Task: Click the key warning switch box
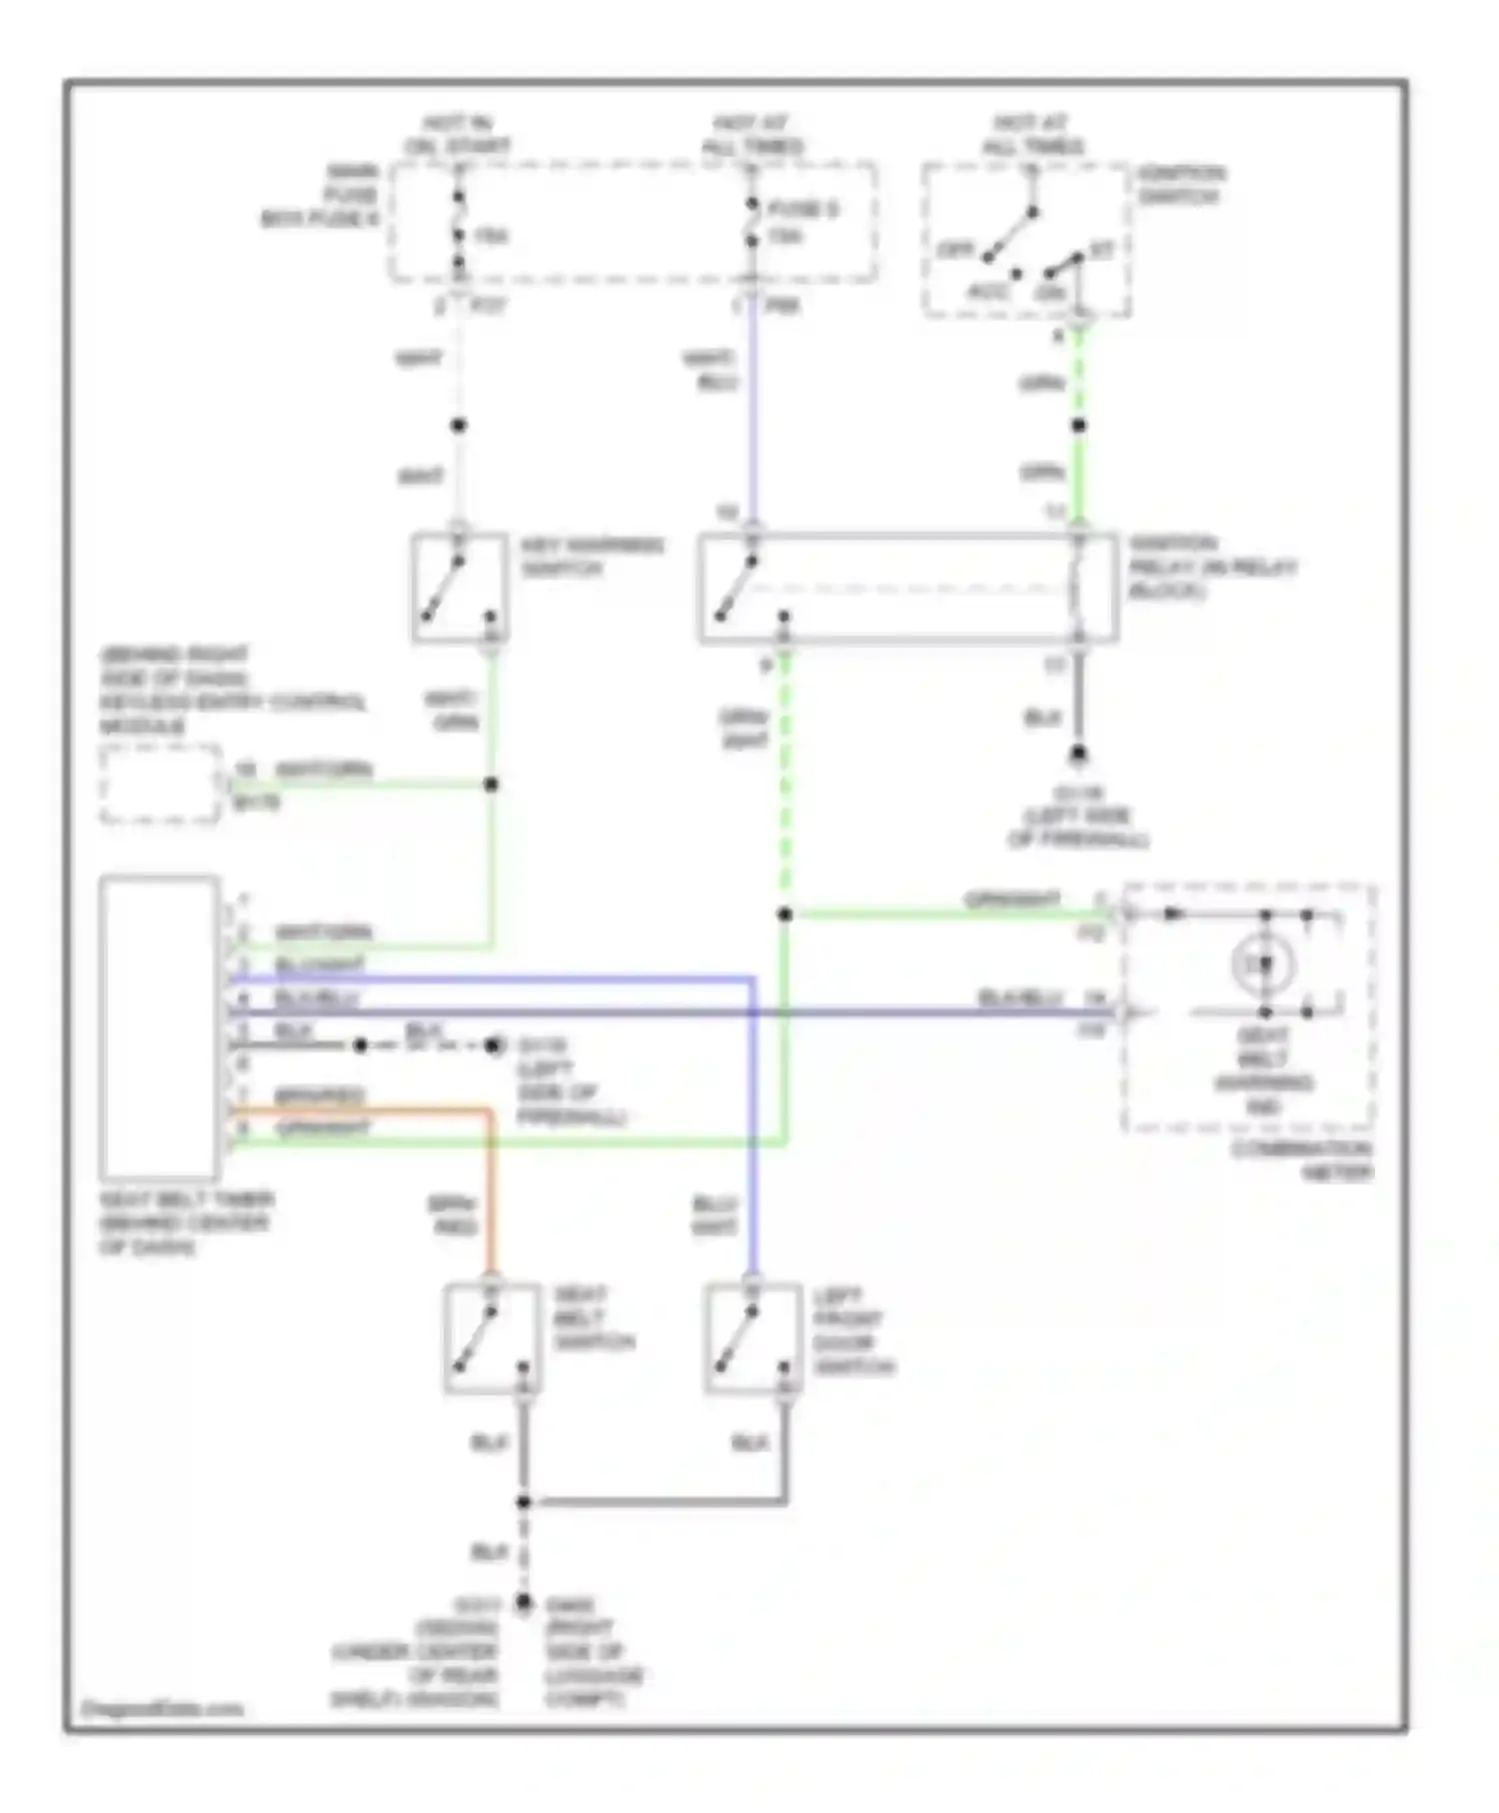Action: tap(459, 588)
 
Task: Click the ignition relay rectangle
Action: tap(907, 588)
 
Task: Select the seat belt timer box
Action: tap(160, 1027)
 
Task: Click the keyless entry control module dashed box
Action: tap(160, 785)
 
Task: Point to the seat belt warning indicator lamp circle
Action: tap(1264, 964)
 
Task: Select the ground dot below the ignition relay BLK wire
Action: tap(1078, 755)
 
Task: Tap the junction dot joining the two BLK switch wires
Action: tap(523, 1502)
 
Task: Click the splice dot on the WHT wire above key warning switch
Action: tap(458, 426)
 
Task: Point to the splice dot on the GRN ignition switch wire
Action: tap(1078, 426)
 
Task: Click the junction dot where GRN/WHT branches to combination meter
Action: tap(784, 913)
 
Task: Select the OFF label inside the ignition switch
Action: tap(954, 250)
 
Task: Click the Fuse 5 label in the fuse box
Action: tap(802, 210)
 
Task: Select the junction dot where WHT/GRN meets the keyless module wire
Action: tap(491, 785)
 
